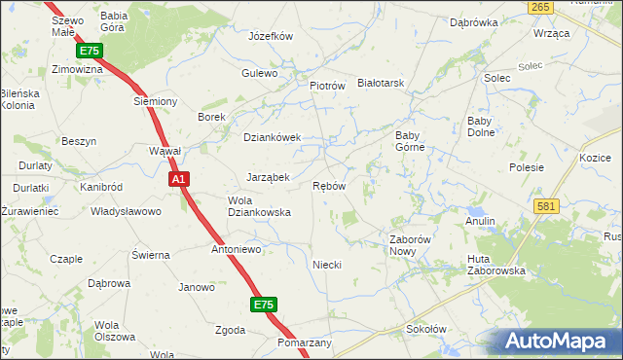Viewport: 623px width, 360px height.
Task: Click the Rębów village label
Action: pos(329,186)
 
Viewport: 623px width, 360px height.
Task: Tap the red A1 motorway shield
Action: pos(178,179)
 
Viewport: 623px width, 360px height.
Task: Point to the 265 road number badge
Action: pos(542,7)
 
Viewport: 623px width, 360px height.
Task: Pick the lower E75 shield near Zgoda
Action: pos(263,305)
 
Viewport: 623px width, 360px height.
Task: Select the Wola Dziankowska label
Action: pos(259,205)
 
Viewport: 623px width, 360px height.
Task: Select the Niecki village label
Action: pos(326,265)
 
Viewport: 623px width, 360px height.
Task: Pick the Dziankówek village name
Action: pos(272,137)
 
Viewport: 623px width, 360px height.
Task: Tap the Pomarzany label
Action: pos(305,343)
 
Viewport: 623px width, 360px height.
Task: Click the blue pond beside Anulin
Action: pos(476,210)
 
